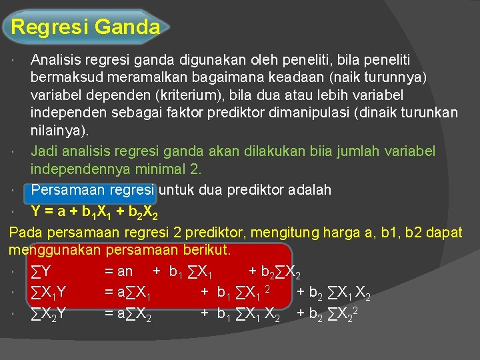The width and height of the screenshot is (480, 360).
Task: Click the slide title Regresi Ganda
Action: (x=86, y=27)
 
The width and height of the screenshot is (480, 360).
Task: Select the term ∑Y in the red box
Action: (x=42, y=271)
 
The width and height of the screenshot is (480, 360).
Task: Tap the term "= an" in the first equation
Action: (x=118, y=271)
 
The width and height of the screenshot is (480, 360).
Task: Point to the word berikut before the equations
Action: (x=205, y=251)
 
